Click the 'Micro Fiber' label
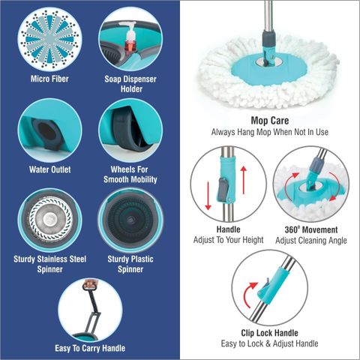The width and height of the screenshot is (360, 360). pyautogui.click(x=49, y=79)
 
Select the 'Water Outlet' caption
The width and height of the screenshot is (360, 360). pyautogui.click(x=50, y=169)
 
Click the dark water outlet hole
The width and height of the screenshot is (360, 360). pyautogui.click(x=46, y=131)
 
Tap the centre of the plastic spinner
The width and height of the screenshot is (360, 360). pyautogui.click(x=130, y=220)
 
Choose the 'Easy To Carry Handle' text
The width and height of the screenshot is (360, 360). pyautogui.click(x=90, y=348)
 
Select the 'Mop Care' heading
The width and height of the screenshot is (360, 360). pyautogui.click(x=270, y=121)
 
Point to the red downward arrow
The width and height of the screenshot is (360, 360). pyautogui.click(x=208, y=196)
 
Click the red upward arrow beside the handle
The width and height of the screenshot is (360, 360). pyautogui.click(x=244, y=180)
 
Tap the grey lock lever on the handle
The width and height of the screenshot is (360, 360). pyautogui.click(x=223, y=189)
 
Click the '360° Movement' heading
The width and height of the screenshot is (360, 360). pyautogui.click(x=311, y=229)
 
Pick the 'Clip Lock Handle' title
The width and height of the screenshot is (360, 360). pyautogui.click(x=269, y=333)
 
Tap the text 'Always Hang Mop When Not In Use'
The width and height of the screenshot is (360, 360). pyautogui.click(x=270, y=132)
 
